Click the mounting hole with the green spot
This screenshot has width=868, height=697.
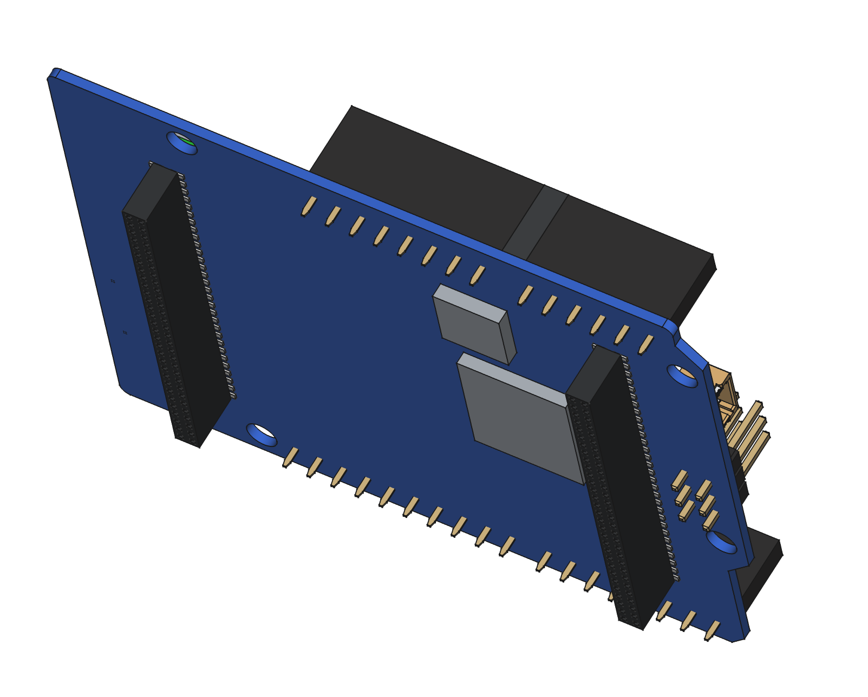pyautogui.click(x=182, y=143)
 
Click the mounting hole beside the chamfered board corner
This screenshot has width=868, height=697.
pyautogui.click(x=682, y=376)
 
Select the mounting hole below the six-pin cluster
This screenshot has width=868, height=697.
pyautogui.click(x=721, y=542)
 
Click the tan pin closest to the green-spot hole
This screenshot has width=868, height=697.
pyautogui.click(x=309, y=206)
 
